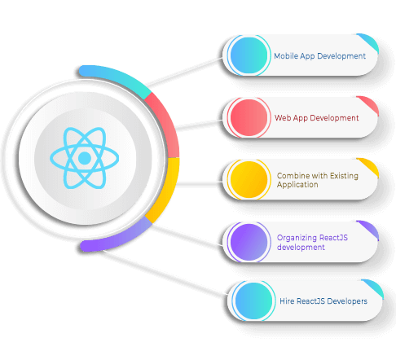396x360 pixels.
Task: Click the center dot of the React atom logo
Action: (x=85, y=158)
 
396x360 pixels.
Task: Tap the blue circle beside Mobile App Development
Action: (x=249, y=55)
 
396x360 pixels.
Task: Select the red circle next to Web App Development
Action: (x=249, y=117)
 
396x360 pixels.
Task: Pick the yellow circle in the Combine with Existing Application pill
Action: (x=249, y=179)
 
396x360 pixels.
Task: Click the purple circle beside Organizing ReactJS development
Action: (x=249, y=242)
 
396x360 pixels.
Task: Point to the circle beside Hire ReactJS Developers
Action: (x=253, y=301)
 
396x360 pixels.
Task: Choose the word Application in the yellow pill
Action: (x=297, y=185)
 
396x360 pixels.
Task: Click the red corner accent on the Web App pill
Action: (x=369, y=104)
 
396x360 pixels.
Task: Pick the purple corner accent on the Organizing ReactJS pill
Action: (x=369, y=229)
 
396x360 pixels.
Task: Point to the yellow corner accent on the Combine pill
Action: (x=369, y=166)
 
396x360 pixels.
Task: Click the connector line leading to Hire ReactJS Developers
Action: (x=165, y=273)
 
